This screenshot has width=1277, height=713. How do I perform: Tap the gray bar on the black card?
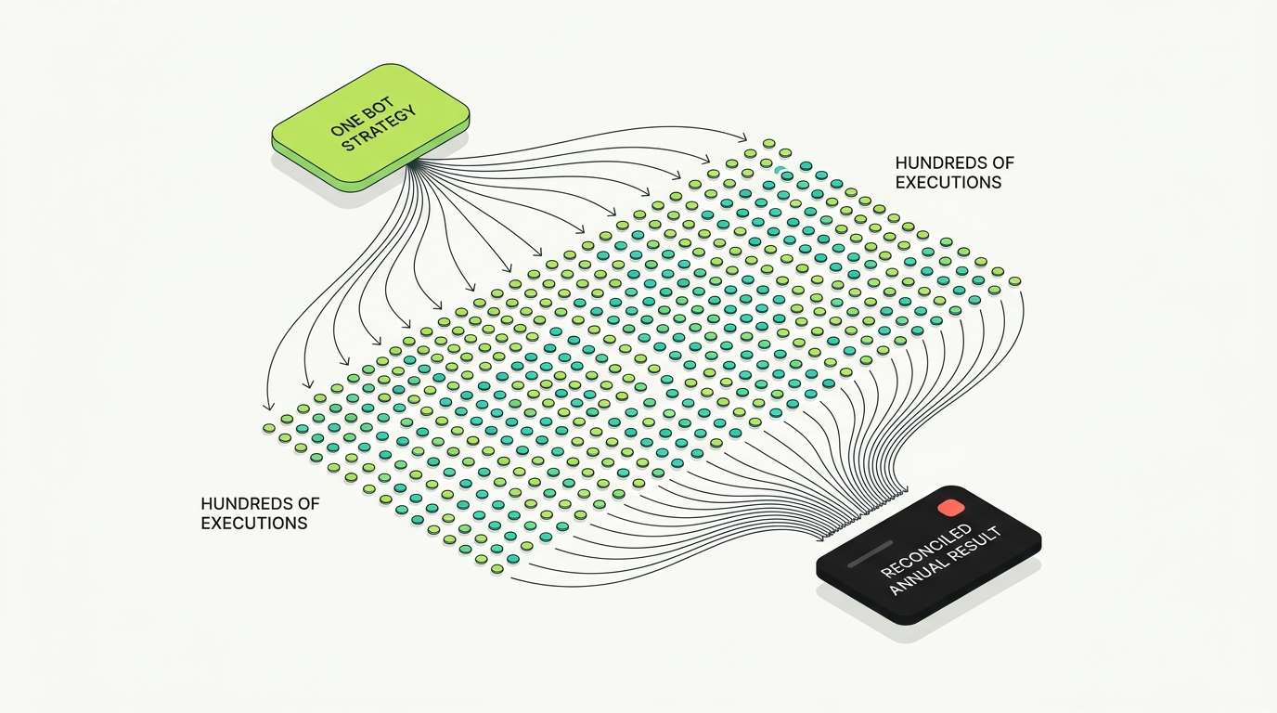click(870, 554)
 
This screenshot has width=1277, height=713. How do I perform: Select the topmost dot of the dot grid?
click(769, 143)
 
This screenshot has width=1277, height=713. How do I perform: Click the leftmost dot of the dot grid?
click(269, 428)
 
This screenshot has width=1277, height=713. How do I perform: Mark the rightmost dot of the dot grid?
click(1014, 281)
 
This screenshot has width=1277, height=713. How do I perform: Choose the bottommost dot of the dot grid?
click(497, 569)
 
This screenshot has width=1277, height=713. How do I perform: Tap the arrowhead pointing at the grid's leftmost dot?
click(266, 406)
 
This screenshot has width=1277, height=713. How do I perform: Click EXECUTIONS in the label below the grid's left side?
click(254, 523)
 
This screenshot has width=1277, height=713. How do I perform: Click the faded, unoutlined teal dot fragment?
click(780, 169)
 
